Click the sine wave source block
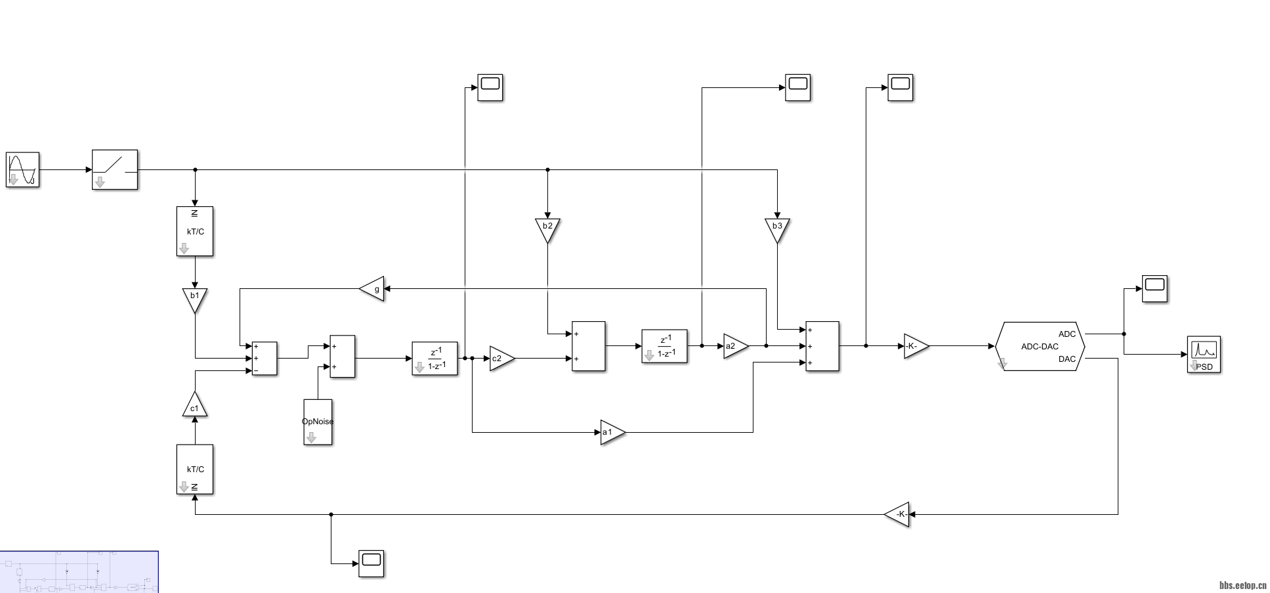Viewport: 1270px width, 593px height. tap(23, 169)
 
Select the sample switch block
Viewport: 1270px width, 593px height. tap(115, 169)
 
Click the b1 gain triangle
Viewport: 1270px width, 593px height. tap(195, 299)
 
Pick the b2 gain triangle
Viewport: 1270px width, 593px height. tap(547, 229)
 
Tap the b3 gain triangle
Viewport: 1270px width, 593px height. tap(777, 229)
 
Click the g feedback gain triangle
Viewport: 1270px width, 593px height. tap(373, 289)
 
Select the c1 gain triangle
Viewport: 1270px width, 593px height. tap(194, 406)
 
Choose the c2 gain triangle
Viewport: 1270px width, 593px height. tap(500, 359)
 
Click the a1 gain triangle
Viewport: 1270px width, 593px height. tap(611, 432)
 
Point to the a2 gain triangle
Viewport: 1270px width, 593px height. tap(734, 346)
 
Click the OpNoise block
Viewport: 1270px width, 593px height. tap(318, 422)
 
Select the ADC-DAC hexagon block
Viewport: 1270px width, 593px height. tap(1040, 346)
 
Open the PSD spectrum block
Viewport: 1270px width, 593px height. tap(1204, 355)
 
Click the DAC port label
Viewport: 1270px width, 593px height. tap(1067, 359)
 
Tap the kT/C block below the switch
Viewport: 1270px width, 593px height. tap(195, 231)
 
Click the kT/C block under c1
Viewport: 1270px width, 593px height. tap(195, 469)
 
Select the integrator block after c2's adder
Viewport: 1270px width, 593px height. tap(664, 346)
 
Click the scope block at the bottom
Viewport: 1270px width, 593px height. tap(371, 563)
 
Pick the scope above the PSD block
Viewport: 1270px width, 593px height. tap(1154, 289)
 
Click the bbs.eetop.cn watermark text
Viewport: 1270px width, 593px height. tap(1242, 586)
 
